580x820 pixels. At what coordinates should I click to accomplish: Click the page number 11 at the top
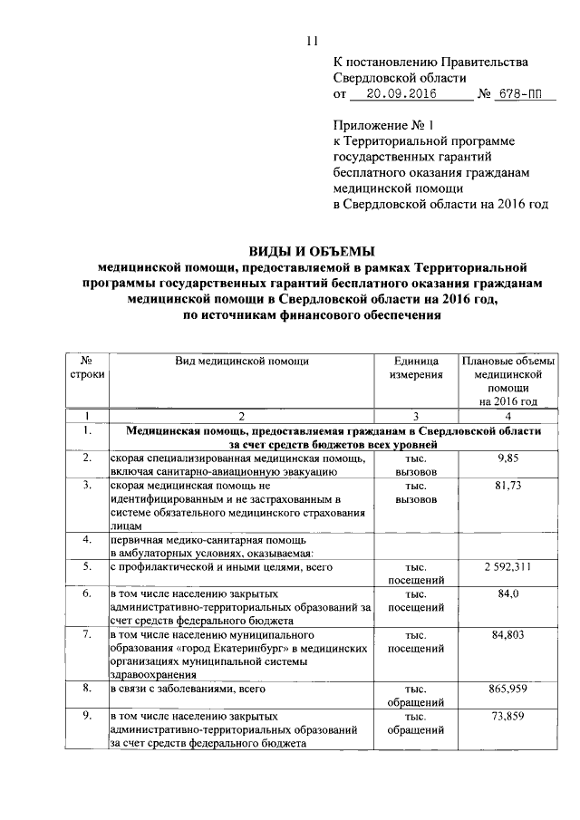[312, 39]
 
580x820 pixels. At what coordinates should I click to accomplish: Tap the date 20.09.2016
[397, 93]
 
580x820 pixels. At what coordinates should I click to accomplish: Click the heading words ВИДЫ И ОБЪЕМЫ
[312, 251]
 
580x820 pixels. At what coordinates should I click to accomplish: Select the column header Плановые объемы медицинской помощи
[505, 381]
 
